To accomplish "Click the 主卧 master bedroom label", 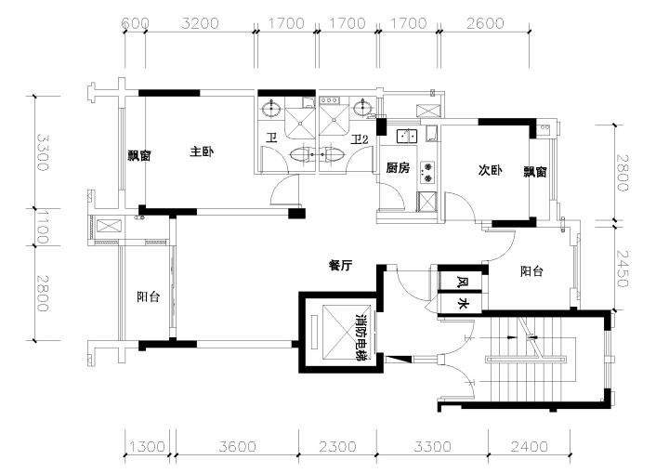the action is tap(202, 151).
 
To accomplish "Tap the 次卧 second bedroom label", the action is tap(490, 170).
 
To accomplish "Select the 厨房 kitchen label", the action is tap(398, 168).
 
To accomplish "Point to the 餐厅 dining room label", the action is tap(340, 266).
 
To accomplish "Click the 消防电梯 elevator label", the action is tap(361, 337).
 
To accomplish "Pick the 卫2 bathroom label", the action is tap(359, 139).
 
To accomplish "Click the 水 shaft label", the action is tap(463, 304).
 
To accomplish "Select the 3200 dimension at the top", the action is tap(200, 23).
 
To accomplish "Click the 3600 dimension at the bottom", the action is tap(237, 447).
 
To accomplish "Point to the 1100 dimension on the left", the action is tap(42, 227).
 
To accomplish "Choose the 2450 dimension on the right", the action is tap(623, 268).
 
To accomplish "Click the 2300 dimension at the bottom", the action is tap(337, 447).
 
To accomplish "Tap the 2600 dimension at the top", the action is tap(485, 23).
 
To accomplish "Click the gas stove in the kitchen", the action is tap(427, 172).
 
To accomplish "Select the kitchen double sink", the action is tap(408, 136).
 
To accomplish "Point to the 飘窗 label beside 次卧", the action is tap(535, 172).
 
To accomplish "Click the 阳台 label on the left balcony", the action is tap(149, 296).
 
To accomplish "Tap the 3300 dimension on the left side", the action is tap(42, 152).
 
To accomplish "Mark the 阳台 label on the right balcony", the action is tap(531, 271).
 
